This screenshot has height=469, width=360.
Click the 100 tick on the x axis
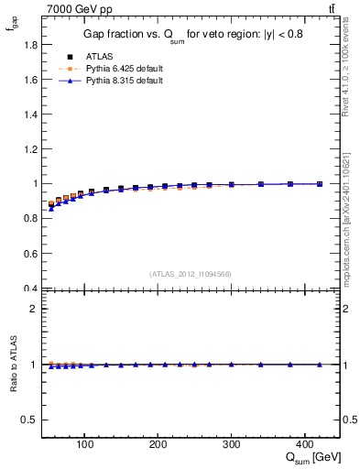pos(85,445)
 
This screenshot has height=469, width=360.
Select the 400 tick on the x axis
pos(305,445)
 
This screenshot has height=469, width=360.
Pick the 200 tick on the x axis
pos(158,445)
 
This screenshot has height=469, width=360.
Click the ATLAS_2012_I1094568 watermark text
pos(191,273)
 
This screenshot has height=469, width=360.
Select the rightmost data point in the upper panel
pos(320,184)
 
